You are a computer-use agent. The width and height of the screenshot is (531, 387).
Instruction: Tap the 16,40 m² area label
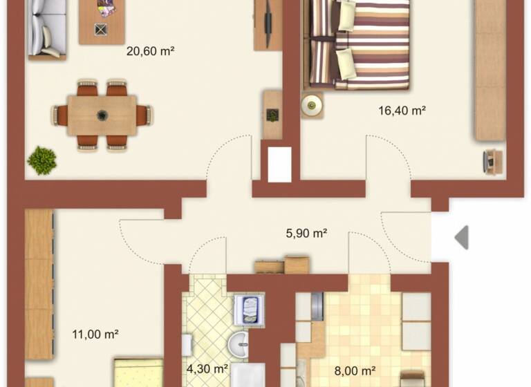[401, 110]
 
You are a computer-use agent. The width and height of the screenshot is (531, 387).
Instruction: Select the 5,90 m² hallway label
[306, 234]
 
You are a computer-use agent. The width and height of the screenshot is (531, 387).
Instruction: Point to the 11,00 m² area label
[95, 334]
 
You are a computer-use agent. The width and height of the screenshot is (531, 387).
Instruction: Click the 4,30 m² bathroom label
[207, 370]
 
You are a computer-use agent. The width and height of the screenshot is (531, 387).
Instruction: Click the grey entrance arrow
[461, 237]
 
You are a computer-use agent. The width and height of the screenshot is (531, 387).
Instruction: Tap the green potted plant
[41, 160]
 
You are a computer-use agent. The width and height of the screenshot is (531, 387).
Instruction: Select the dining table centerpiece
[102, 115]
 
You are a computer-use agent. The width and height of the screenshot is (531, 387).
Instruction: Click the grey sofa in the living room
[46, 29]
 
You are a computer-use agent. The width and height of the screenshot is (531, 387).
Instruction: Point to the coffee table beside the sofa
[102, 21]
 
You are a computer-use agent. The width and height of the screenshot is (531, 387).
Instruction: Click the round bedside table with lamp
[312, 105]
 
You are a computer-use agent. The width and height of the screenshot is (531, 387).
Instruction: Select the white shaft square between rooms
[279, 165]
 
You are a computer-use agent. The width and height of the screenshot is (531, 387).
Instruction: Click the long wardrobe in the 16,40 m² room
[490, 69]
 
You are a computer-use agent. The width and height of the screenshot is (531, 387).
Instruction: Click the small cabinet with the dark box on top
[272, 115]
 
